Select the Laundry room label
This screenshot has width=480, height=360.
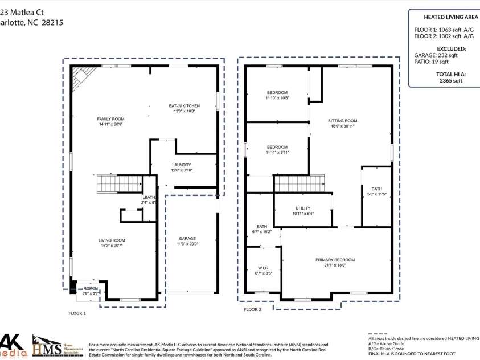[182, 165]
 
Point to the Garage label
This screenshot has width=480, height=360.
[187, 239]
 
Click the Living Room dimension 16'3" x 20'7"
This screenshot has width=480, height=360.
[111, 246]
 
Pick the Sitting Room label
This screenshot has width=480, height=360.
[343, 121]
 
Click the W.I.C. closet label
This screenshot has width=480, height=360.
[263, 268]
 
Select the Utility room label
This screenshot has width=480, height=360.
[302, 208]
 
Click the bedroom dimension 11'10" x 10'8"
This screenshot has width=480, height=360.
[277, 98]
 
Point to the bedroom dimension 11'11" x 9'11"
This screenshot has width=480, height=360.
[277, 152]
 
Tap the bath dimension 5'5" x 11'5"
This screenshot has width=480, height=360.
[376, 194]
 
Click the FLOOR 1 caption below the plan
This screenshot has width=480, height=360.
[77, 313]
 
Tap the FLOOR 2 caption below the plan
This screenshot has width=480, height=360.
[252, 310]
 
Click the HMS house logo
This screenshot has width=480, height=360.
[44, 345]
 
